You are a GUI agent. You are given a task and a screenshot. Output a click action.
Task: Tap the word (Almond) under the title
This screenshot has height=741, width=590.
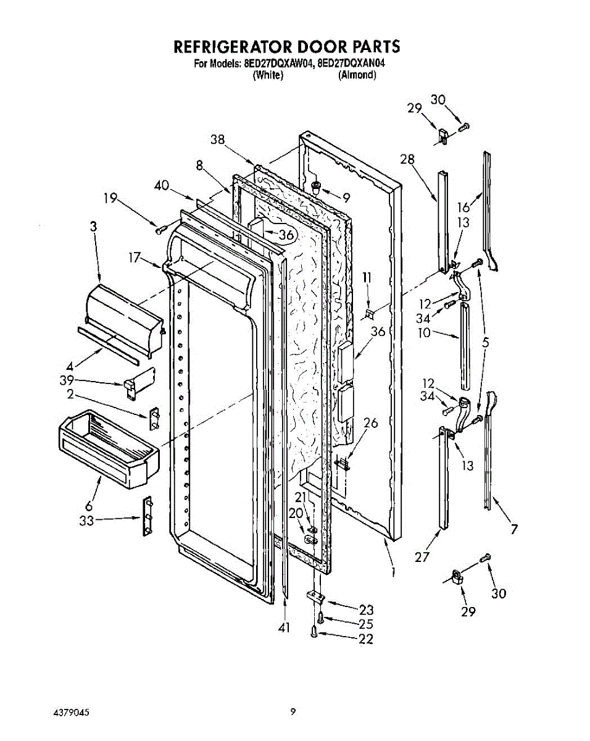point(357,75)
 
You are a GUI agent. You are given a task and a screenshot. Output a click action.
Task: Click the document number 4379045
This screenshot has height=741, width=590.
point(72,711)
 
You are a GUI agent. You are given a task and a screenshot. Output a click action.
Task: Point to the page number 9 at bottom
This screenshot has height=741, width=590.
point(294,711)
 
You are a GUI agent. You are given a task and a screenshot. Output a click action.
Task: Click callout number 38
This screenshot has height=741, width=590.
point(217,140)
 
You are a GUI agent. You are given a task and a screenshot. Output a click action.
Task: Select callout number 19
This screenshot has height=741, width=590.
point(110,198)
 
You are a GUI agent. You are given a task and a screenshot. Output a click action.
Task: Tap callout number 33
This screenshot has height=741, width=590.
point(86,521)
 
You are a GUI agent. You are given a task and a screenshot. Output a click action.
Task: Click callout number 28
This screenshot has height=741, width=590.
point(407,160)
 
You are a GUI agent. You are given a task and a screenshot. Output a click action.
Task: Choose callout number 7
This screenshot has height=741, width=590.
point(514,529)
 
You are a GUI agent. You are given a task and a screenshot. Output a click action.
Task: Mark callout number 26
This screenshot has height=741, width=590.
point(370,423)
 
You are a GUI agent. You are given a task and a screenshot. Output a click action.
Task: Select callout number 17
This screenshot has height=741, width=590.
point(135,257)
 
